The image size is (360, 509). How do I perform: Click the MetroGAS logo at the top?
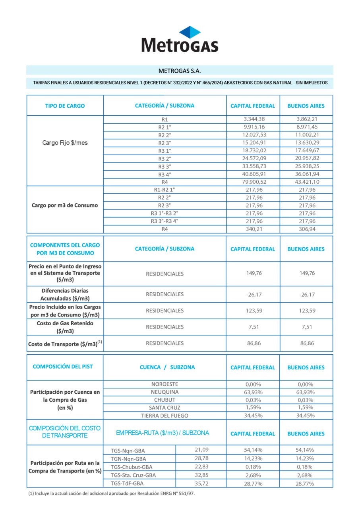tap(180, 39)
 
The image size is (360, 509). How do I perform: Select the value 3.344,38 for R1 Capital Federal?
tap(253, 119)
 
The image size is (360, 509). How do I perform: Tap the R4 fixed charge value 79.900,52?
tap(253, 182)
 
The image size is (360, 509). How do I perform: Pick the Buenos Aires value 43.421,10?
tap(306, 182)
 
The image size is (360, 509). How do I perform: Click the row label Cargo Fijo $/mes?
tap(65, 143)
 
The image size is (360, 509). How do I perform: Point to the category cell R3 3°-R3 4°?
tap(165, 221)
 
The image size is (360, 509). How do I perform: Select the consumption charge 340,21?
tap(253, 229)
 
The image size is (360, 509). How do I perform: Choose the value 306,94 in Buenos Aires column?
tap(306, 229)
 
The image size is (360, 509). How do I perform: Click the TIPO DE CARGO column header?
tap(65, 106)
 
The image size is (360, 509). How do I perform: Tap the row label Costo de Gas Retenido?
tap(65, 327)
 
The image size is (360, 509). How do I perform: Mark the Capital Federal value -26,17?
tap(253, 294)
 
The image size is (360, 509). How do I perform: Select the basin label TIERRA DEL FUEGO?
tap(165, 416)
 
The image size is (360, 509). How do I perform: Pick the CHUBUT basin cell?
tap(165, 400)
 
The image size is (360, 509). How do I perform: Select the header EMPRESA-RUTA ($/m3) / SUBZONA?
tap(163, 433)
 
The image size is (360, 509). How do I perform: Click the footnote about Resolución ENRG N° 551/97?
tap(111, 493)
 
